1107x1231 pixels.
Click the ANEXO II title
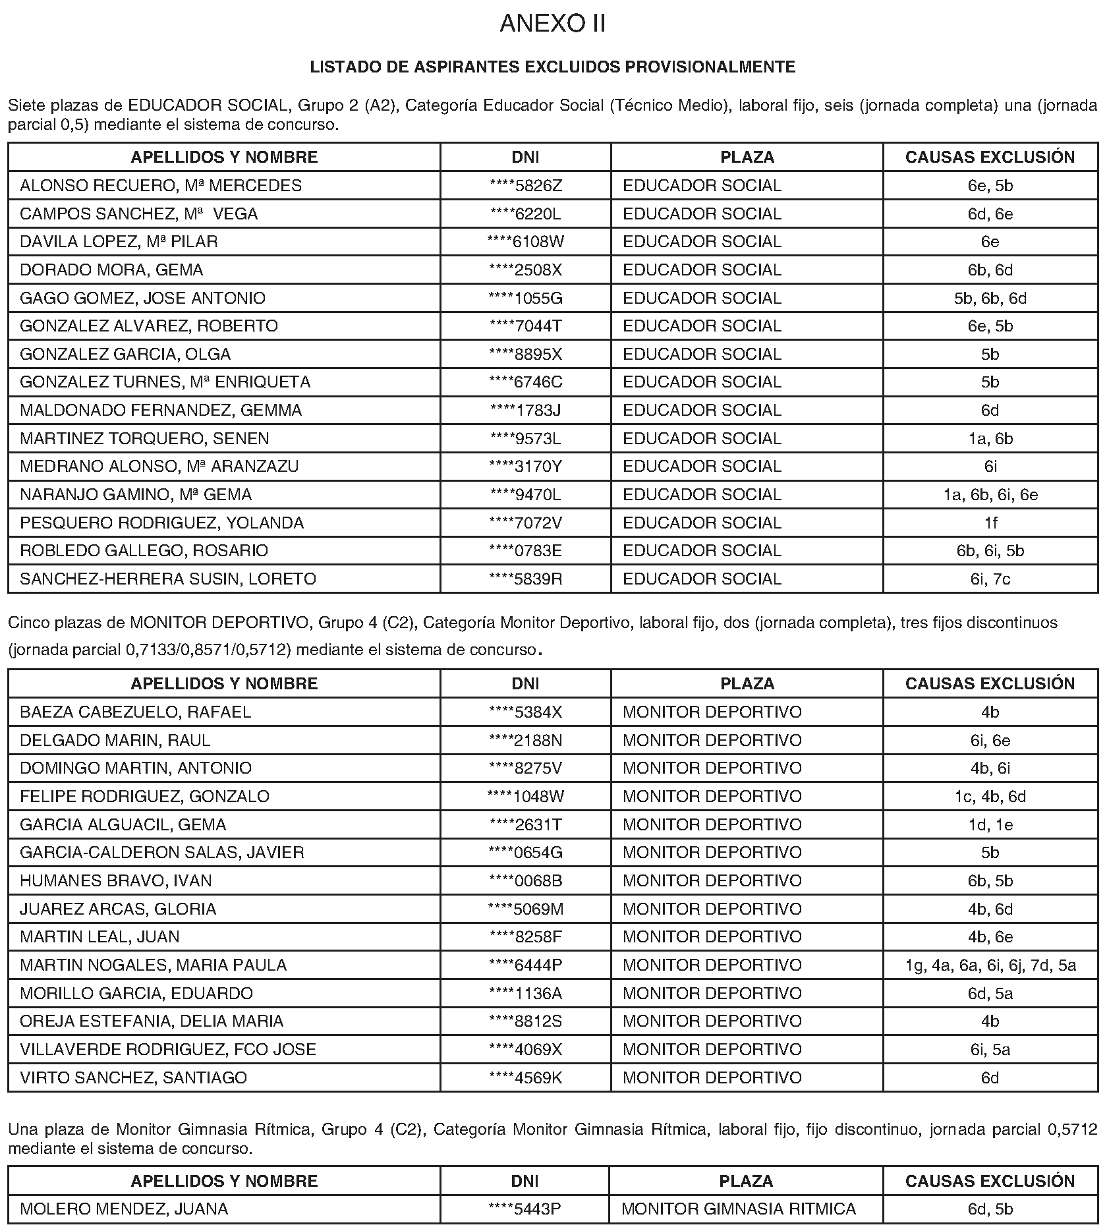click(552, 24)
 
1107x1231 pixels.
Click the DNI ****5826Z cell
click(526, 186)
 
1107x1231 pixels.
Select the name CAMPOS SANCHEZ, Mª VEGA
click(139, 214)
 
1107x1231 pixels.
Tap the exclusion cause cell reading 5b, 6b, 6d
click(990, 299)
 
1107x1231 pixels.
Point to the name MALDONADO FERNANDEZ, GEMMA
click(161, 411)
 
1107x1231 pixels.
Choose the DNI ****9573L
click(526, 439)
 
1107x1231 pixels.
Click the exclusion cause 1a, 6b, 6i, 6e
click(990, 495)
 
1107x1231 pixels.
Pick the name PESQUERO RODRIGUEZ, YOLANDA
click(162, 523)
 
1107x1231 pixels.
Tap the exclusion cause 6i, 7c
click(990, 579)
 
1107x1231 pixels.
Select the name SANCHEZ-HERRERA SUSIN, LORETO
click(168, 579)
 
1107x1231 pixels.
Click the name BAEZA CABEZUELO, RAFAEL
click(136, 712)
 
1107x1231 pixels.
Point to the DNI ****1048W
click(526, 797)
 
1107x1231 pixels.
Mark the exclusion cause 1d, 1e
click(990, 825)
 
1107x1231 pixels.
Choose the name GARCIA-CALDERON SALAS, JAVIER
click(162, 853)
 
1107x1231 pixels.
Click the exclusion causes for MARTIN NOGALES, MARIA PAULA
click(990, 965)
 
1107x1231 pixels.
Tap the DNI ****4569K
click(526, 1078)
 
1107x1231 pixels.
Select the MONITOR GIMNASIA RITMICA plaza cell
click(739, 1209)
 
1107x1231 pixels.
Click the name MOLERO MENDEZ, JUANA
click(124, 1209)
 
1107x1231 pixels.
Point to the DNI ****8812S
click(526, 1021)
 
